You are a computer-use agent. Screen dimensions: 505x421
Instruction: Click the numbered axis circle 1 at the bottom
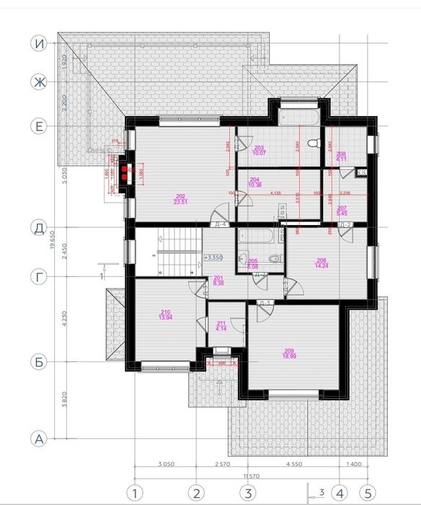(133, 494)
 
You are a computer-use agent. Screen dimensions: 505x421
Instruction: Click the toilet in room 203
(312, 143)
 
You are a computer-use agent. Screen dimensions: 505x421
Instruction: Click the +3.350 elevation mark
(213, 257)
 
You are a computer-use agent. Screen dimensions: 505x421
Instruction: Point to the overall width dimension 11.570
(249, 476)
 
